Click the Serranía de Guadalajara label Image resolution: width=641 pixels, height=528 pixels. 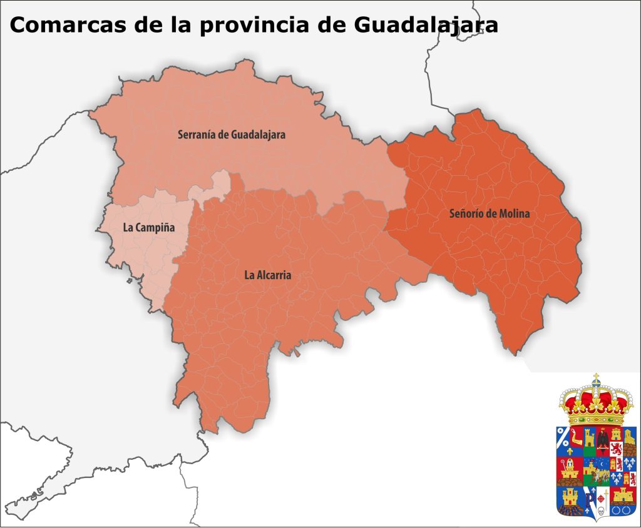(x=232, y=134)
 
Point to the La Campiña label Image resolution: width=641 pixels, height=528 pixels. (x=148, y=228)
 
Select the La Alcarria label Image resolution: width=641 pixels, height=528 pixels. (x=267, y=275)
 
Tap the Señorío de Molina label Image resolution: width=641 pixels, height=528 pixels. (x=490, y=213)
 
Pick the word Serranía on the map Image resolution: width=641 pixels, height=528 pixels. (x=197, y=134)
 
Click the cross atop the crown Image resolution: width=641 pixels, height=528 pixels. (x=596, y=378)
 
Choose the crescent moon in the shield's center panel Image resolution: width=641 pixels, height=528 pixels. (x=603, y=464)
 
